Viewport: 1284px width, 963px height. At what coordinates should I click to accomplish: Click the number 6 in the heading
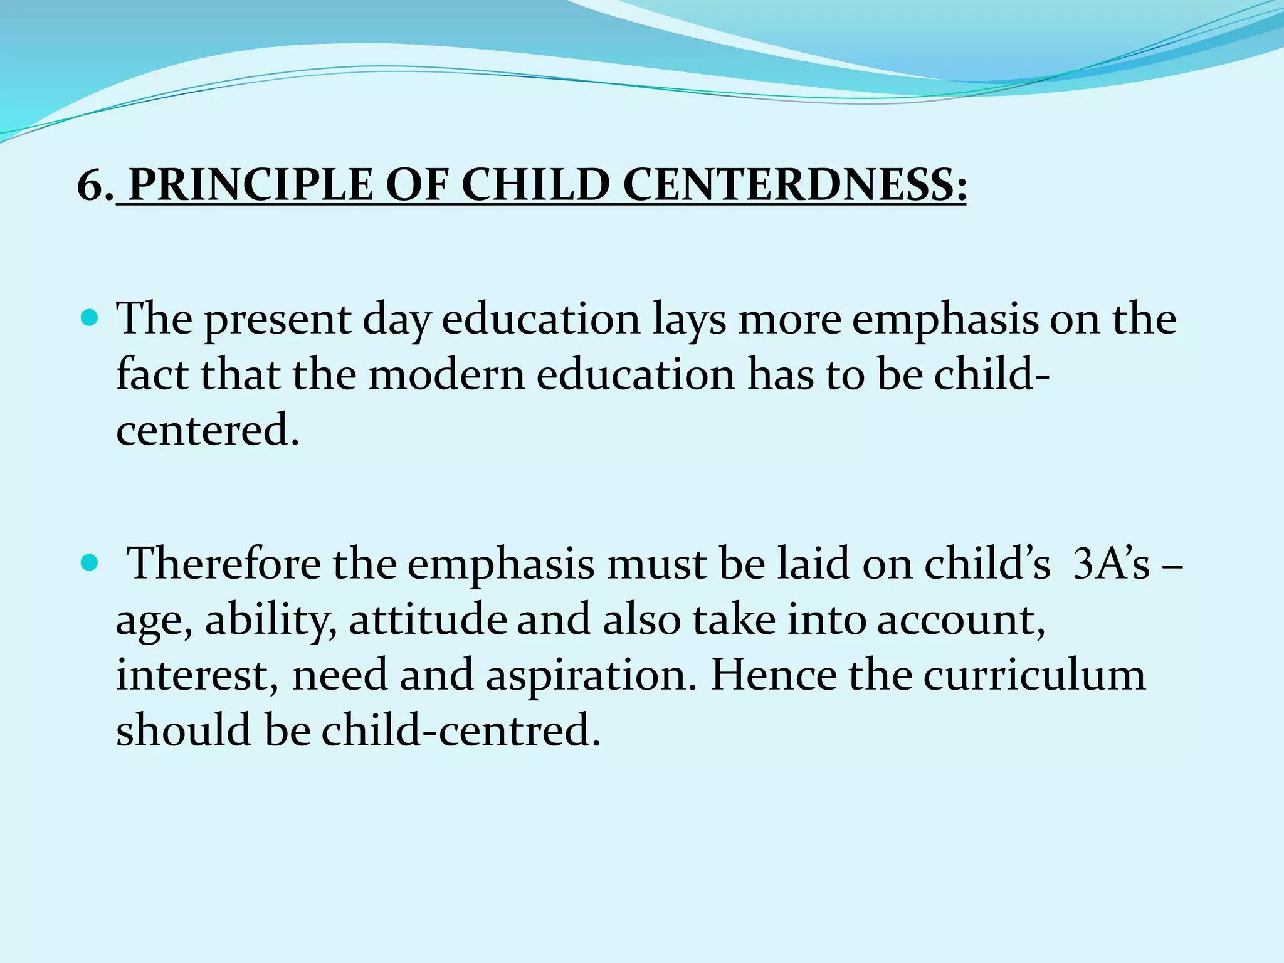tap(90, 186)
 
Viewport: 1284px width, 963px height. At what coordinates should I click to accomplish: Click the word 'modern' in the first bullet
tap(446, 375)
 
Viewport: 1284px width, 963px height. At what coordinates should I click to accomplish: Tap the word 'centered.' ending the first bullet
tap(208, 430)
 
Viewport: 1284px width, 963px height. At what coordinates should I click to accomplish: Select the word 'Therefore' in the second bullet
tap(224, 563)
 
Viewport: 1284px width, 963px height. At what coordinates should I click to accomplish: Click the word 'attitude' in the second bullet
tap(428, 619)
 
